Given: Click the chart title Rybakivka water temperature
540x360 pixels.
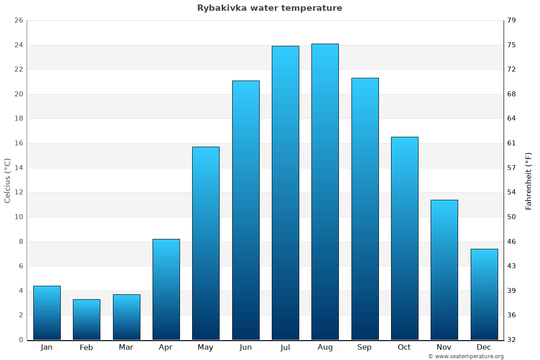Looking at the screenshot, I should pyautogui.click(x=270, y=8).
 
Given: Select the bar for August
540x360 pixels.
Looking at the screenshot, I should pyautogui.click(x=325, y=192).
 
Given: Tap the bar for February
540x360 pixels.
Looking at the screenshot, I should pyautogui.click(x=86, y=319).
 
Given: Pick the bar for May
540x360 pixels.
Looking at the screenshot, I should pyautogui.click(x=206, y=243).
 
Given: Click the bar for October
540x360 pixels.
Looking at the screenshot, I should pyautogui.click(x=405, y=238).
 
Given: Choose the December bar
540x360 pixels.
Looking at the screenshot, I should pyautogui.click(x=484, y=294).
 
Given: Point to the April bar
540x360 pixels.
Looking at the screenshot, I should pyautogui.click(x=166, y=289).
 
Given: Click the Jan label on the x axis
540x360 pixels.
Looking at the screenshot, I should pyautogui.click(x=47, y=347).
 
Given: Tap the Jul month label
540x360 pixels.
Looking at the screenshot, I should pyautogui.click(x=285, y=347).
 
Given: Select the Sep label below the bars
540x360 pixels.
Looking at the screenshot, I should pyautogui.click(x=364, y=347).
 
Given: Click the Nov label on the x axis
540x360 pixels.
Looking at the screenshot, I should pyautogui.click(x=444, y=347).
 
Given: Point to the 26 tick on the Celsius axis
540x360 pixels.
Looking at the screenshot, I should pyautogui.click(x=18, y=21).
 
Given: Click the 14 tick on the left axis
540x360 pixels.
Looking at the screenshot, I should pyautogui.click(x=18, y=168).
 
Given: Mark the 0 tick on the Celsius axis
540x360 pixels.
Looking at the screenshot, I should pyautogui.click(x=21, y=340).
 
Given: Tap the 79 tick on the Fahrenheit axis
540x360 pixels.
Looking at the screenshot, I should pyautogui.click(x=512, y=21).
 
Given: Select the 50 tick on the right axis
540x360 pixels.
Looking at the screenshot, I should pyautogui.click(x=512, y=217).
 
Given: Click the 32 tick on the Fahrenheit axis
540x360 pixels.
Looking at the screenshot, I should pyautogui.click(x=512, y=340).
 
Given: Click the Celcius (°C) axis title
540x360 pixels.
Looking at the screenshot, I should pyautogui.click(x=8, y=180).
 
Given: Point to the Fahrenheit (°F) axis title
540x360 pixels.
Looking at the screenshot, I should pyautogui.click(x=529, y=180).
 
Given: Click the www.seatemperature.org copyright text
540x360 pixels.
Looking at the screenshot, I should pyautogui.click(x=466, y=356).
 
